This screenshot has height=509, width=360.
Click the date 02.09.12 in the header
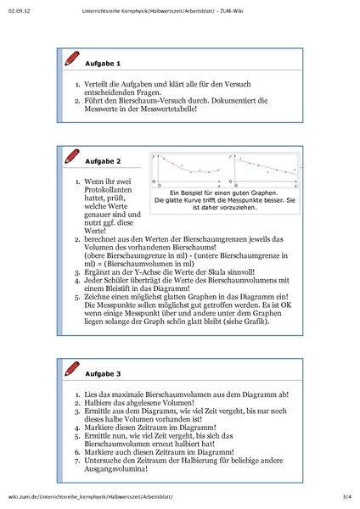coord(18,11)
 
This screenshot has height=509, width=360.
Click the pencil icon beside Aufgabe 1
coord(70,60)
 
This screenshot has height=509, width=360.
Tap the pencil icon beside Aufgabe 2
coord(70,157)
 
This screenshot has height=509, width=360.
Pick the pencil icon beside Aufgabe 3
coord(70,370)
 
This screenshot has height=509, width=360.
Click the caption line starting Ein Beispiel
coord(225,193)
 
